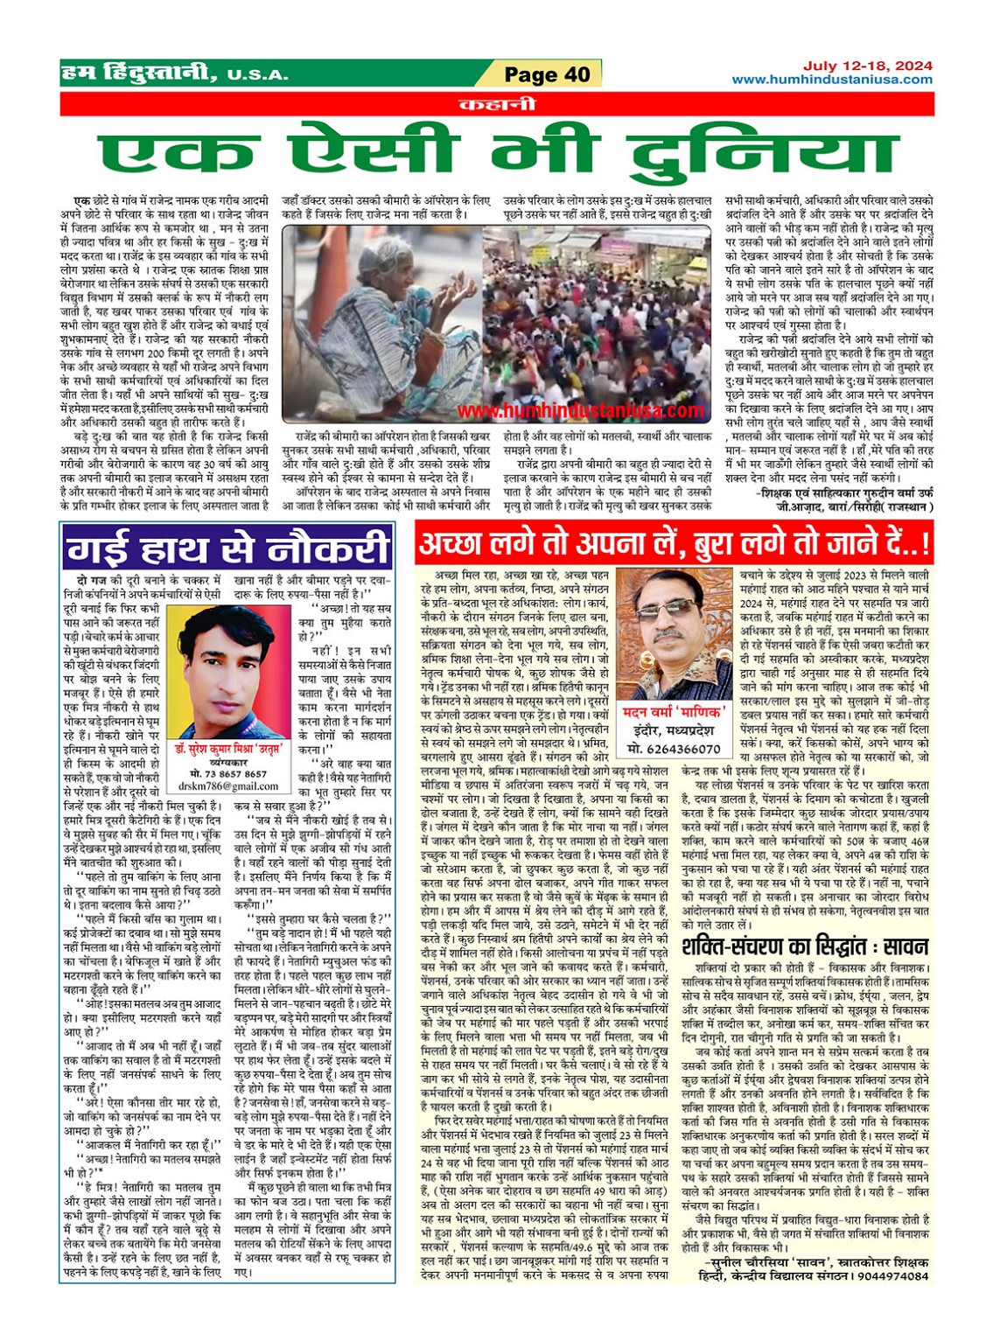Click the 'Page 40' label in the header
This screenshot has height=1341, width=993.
click(548, 75)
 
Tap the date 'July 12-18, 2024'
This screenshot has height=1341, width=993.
click(855, 66)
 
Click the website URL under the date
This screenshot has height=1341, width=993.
click(831, 80)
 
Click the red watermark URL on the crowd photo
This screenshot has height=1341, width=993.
click(580, 410)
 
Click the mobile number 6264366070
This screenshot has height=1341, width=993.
click(674, 749)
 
